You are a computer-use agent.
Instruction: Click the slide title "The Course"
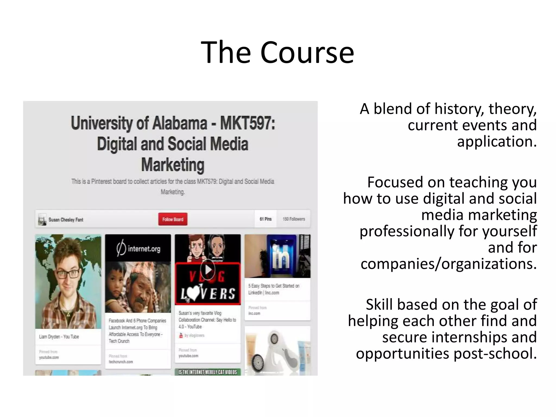pos(277,52)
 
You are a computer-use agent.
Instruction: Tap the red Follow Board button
pos(173,219)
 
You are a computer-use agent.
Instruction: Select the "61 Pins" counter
pos(266,219)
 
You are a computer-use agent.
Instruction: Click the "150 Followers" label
pos(294,219)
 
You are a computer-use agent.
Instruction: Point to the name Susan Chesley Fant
pos(66,220)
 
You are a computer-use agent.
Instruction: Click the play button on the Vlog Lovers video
pos(208,270)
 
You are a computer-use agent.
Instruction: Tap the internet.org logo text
pos(144,249)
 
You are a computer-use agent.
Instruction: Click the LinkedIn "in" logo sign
pos(281,256)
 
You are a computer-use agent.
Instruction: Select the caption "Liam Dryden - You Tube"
pos(59,337)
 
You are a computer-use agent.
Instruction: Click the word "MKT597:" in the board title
pos(247,123)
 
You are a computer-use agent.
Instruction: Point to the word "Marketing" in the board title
pos(173,165)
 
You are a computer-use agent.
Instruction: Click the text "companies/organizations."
pos(448,264)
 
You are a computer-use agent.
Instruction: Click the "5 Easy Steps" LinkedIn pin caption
pos(274,289)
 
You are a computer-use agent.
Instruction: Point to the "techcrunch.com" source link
pos(121,362)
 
